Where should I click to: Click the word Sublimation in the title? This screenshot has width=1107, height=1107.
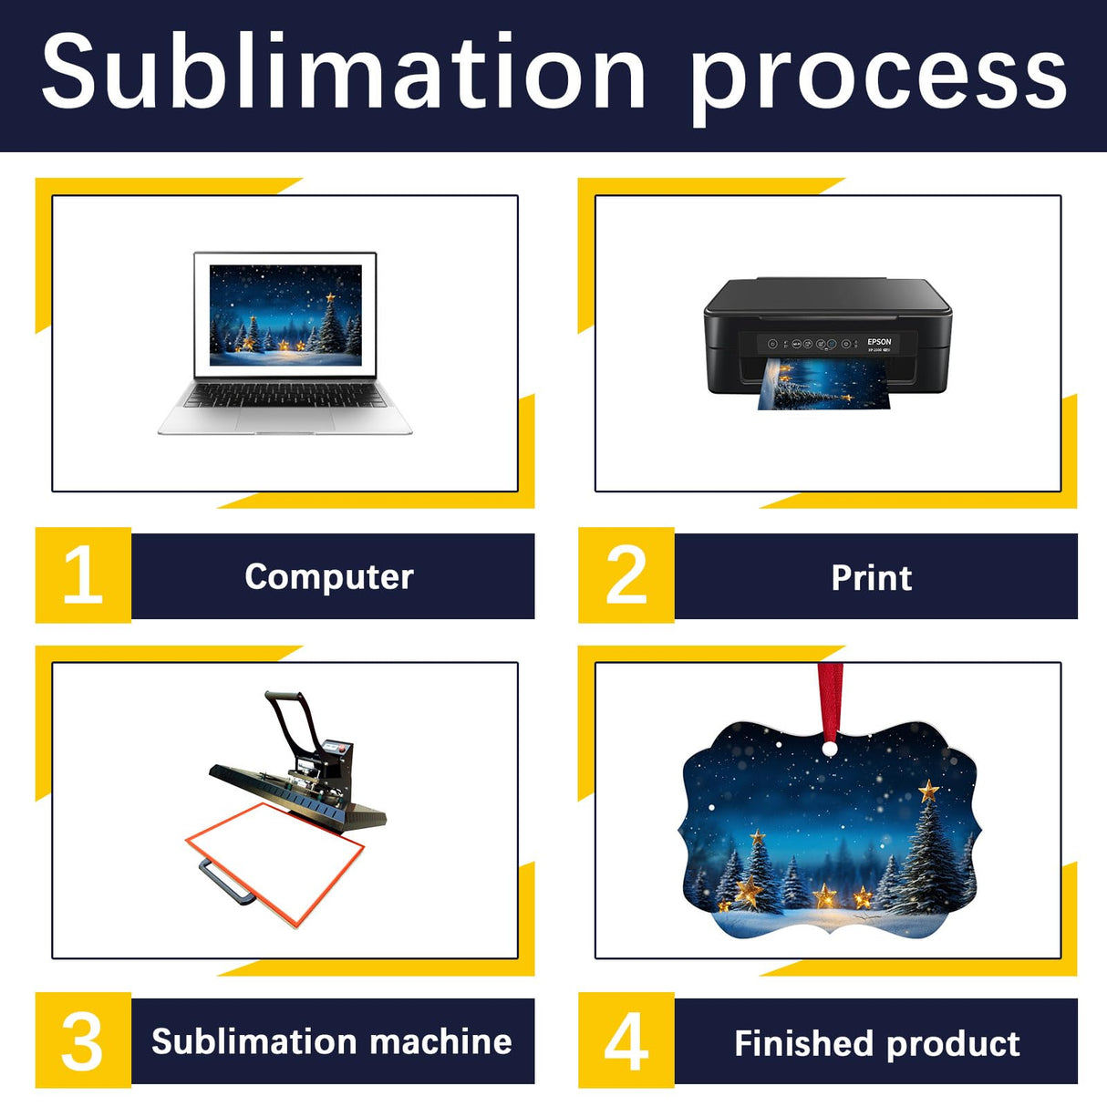pyautogui.click(x=343, y=71)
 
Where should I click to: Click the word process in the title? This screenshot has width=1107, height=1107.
pyautogui.click(x=877, y=77)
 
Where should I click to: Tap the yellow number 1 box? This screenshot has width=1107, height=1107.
pyautogui.click(x=83, y=575)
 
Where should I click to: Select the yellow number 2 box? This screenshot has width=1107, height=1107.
pyautogui.click(x=626, y=575)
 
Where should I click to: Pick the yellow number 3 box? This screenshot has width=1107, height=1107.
pyautogui.click(x=83, y=1040)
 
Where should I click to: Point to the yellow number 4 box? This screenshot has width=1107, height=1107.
pyautogui.click(x=626, y=1040)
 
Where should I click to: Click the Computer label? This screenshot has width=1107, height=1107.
pyautogui.click(x=329, y=576)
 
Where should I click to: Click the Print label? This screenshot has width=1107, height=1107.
pyautogui.click(x=872, y=577)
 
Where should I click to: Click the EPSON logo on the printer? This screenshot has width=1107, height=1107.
pyautogui.click(x=879, y=342)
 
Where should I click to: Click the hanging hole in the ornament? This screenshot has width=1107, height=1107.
pyautogui.click(x=829, y=749)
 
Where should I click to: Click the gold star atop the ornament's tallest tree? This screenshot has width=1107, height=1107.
pyautogui.click(x=928, y=790)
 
